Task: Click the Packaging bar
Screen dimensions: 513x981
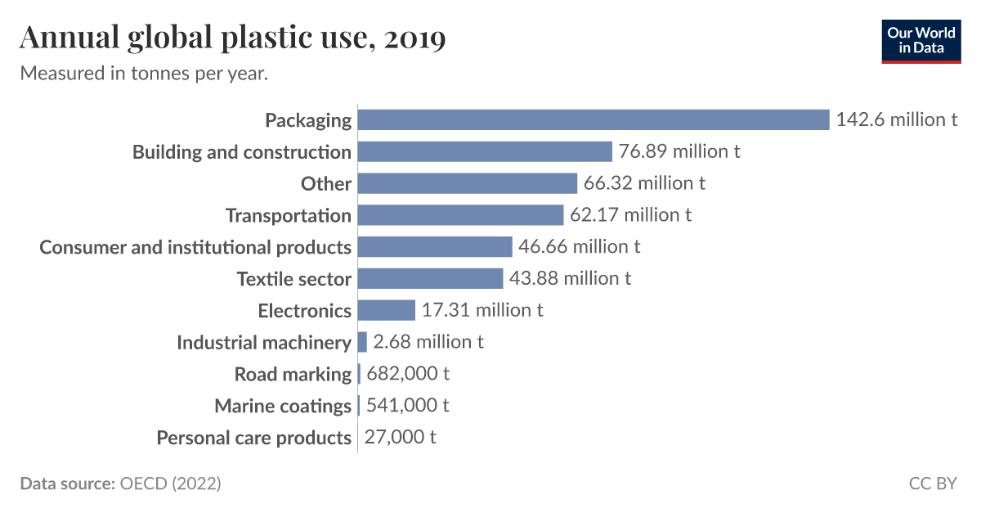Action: pos(594,119)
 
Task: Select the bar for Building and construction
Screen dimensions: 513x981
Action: pos(485,151)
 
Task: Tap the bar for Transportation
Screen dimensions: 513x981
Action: pos(460,215)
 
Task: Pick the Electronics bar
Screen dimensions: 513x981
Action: pos(387,310)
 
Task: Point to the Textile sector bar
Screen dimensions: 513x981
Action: pos(430,278)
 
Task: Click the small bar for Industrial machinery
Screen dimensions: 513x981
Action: pos(362,342)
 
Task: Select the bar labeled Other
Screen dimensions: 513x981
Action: pos(468,183)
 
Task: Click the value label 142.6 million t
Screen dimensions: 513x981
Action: pos(896,119)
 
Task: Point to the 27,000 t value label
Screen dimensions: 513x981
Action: pos(400,437)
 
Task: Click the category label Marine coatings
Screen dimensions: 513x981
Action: pos(283,406)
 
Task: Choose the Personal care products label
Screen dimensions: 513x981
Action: pos(253,438)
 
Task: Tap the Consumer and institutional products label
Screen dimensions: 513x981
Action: pos(195,247)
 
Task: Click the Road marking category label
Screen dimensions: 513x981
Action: pos(293,374)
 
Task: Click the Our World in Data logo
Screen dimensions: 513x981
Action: pos(921,40)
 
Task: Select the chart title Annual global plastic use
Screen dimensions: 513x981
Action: pos(233,38)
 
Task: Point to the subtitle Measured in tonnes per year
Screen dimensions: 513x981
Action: pos(144,74)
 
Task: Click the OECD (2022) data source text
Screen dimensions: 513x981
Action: pos(170,484)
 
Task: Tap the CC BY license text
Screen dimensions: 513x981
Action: pos(932,484)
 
